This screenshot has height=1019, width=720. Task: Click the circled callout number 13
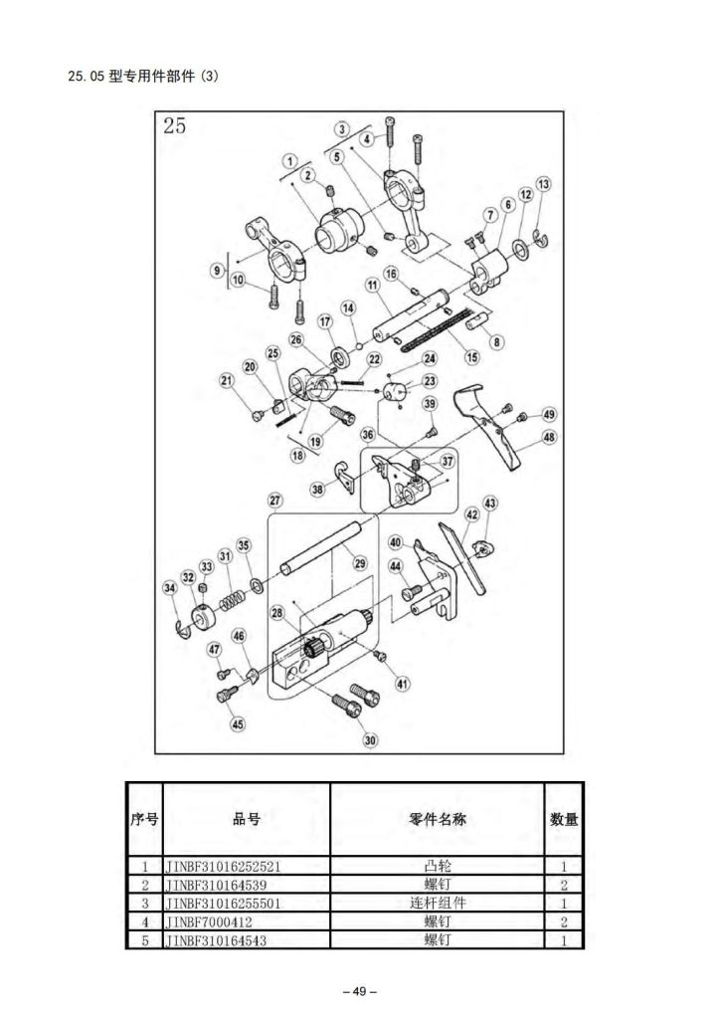[543, 185]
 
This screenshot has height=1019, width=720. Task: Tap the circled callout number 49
[548, 414]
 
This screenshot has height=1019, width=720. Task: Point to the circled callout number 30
[370, 739]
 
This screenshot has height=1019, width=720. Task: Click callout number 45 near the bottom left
[237, 724]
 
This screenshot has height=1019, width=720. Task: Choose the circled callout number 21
[227, 379]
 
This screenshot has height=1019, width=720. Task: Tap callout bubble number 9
[216, 270]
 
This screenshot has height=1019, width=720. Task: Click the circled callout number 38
[317, 489]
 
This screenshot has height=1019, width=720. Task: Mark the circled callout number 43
[490, 504]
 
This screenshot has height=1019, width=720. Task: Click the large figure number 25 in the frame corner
[175, 126]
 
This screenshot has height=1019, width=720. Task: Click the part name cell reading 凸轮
[438, 866]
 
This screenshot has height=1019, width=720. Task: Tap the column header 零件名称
[438, 819]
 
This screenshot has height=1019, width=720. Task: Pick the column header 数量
[564, 819]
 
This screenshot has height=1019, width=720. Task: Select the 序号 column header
[145, 819]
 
